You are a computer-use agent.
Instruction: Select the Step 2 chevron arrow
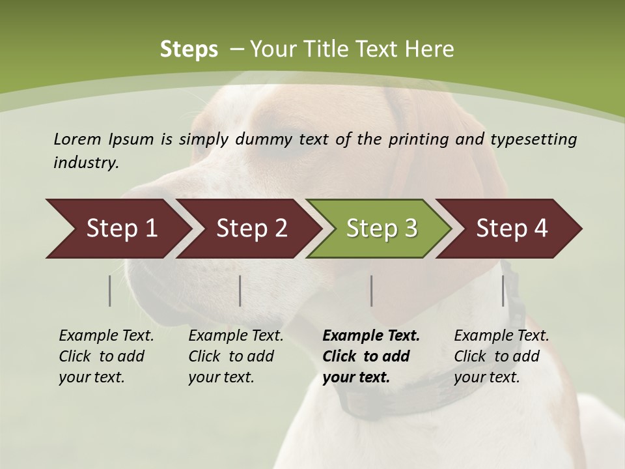[x=251, y=229]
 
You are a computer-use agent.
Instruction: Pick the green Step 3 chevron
[x=381, y=229]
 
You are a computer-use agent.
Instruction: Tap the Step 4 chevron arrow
[x=511, y=229]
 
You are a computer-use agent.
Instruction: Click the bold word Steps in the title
[x=189, y=50]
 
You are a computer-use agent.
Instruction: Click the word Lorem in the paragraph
[x=77, y=139]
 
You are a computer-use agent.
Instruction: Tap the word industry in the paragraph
[x=85, y=163]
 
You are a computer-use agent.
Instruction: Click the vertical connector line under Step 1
[x=110, y=291]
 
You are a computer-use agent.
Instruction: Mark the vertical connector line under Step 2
[x=240, y=291]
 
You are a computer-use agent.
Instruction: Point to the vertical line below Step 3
[x=371, y=291]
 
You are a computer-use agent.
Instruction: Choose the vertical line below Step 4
[x=503, y=291]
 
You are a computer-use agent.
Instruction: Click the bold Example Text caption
[x=371, y=336]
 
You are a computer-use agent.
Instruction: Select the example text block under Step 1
[x=106, y=356]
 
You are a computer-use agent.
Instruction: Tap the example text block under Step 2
[x=236, y=356]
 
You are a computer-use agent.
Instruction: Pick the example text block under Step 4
[x=501, y=356]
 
